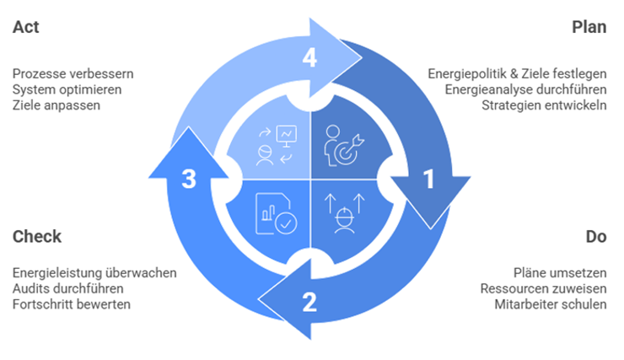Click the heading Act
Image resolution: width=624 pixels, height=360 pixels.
coord(26,27)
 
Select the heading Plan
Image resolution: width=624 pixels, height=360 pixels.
coord(589,27)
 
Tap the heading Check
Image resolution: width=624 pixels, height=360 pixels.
coord(37,236)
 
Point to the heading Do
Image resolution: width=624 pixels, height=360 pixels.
coord(596,236)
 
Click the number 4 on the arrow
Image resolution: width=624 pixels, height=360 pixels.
coord(309,57)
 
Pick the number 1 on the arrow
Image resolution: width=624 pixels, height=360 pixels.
coord(428,180)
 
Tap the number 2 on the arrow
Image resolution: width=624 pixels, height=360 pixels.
coord(309,301)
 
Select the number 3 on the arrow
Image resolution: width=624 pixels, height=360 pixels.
coord(189,180)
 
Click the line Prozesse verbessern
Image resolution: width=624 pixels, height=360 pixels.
coord(73,73)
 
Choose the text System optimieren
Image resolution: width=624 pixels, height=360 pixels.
coord(67,89)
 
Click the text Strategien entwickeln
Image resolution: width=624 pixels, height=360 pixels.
coord(544,105)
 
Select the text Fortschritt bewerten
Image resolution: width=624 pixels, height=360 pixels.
coord(72,304)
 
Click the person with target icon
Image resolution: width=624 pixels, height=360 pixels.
coord(344,145)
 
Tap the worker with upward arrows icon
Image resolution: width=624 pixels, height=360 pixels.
coord(342,214)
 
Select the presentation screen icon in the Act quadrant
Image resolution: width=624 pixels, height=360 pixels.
coord(287,135)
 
